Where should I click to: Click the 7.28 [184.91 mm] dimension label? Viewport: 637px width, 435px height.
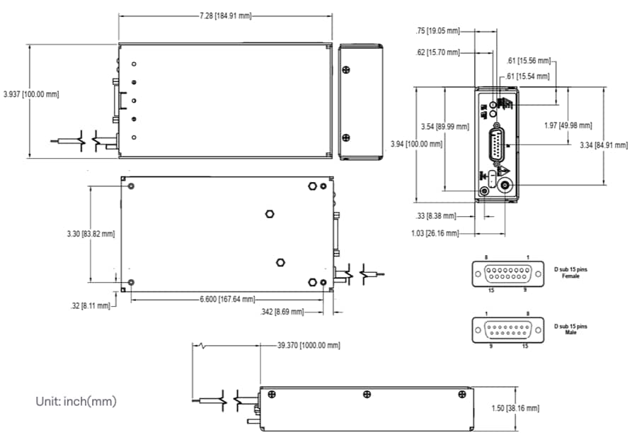225,15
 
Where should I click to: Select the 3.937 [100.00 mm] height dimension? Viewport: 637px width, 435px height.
31,94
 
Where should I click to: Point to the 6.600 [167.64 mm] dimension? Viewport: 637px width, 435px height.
226,299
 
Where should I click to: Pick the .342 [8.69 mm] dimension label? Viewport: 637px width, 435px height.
282,312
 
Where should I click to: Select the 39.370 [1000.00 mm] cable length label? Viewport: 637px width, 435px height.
309,345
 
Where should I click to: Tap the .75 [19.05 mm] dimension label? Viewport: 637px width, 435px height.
438,31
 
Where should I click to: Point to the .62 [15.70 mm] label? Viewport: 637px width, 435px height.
438,52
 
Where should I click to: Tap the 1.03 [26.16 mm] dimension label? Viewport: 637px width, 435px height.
435,233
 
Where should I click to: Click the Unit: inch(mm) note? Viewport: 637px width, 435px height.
76,402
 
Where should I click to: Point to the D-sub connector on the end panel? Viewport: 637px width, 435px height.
497,147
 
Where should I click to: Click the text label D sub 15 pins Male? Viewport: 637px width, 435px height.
570,329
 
